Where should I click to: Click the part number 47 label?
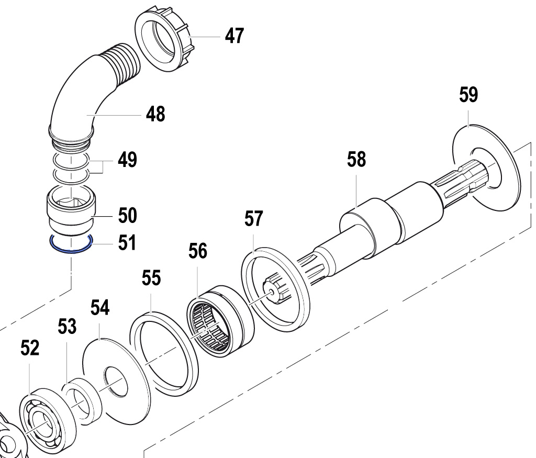[x=234, y=36]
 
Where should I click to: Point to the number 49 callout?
[x=126, y=160]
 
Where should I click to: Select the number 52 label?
[x=30, y=348]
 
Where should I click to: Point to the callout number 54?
[x=100, y=308]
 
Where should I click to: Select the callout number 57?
[x=254, y=219]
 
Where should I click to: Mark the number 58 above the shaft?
[x=356, y=160]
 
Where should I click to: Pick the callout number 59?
[x=468, y=95]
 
